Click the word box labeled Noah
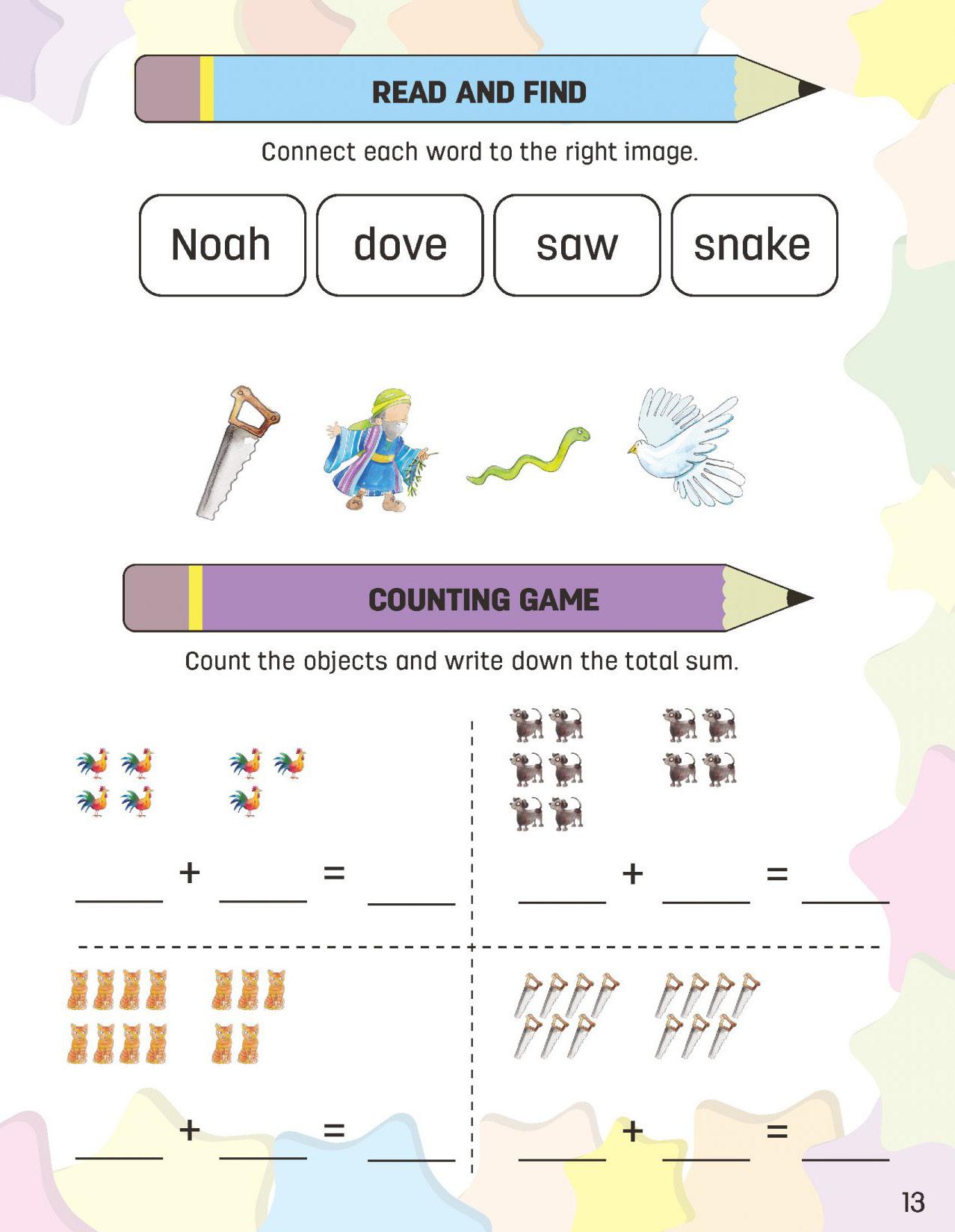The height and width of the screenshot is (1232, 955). pos(222,245)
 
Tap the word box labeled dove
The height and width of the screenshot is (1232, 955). pos(400,245)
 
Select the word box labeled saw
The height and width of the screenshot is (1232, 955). pos(577,245)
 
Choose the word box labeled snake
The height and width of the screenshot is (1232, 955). pos(753,245)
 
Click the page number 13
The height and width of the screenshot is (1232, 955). pos(912,1202)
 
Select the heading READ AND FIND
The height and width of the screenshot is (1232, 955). pos(479,93)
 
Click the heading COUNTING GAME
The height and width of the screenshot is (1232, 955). pos(483,600)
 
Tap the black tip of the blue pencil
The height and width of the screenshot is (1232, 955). pos(810,89)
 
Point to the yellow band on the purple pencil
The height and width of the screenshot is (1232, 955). pos(195,598)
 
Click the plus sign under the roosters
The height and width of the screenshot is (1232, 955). pos(190,872)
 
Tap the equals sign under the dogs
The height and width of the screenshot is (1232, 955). pos(777,873)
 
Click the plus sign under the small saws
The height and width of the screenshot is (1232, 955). pos(632,1131)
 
